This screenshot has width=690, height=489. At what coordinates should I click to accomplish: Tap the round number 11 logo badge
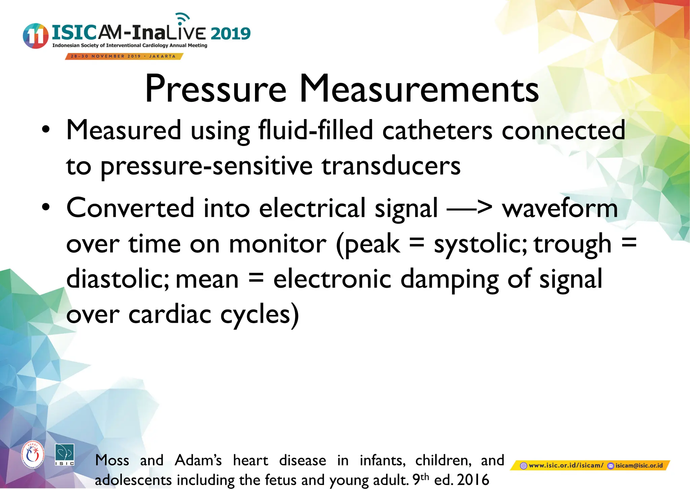coord(35,36)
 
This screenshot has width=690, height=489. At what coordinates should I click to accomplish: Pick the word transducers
coord(391,166)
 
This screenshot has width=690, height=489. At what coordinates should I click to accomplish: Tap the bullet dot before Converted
coord(46,207)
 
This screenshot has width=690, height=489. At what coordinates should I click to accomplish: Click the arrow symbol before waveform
coord(469,208)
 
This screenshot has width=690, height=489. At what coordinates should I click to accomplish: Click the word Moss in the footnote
coord(112,460)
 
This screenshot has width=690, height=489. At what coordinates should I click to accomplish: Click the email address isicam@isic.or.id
coord(639,466)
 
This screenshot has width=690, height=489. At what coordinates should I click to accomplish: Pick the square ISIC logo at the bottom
coord(64,455)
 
